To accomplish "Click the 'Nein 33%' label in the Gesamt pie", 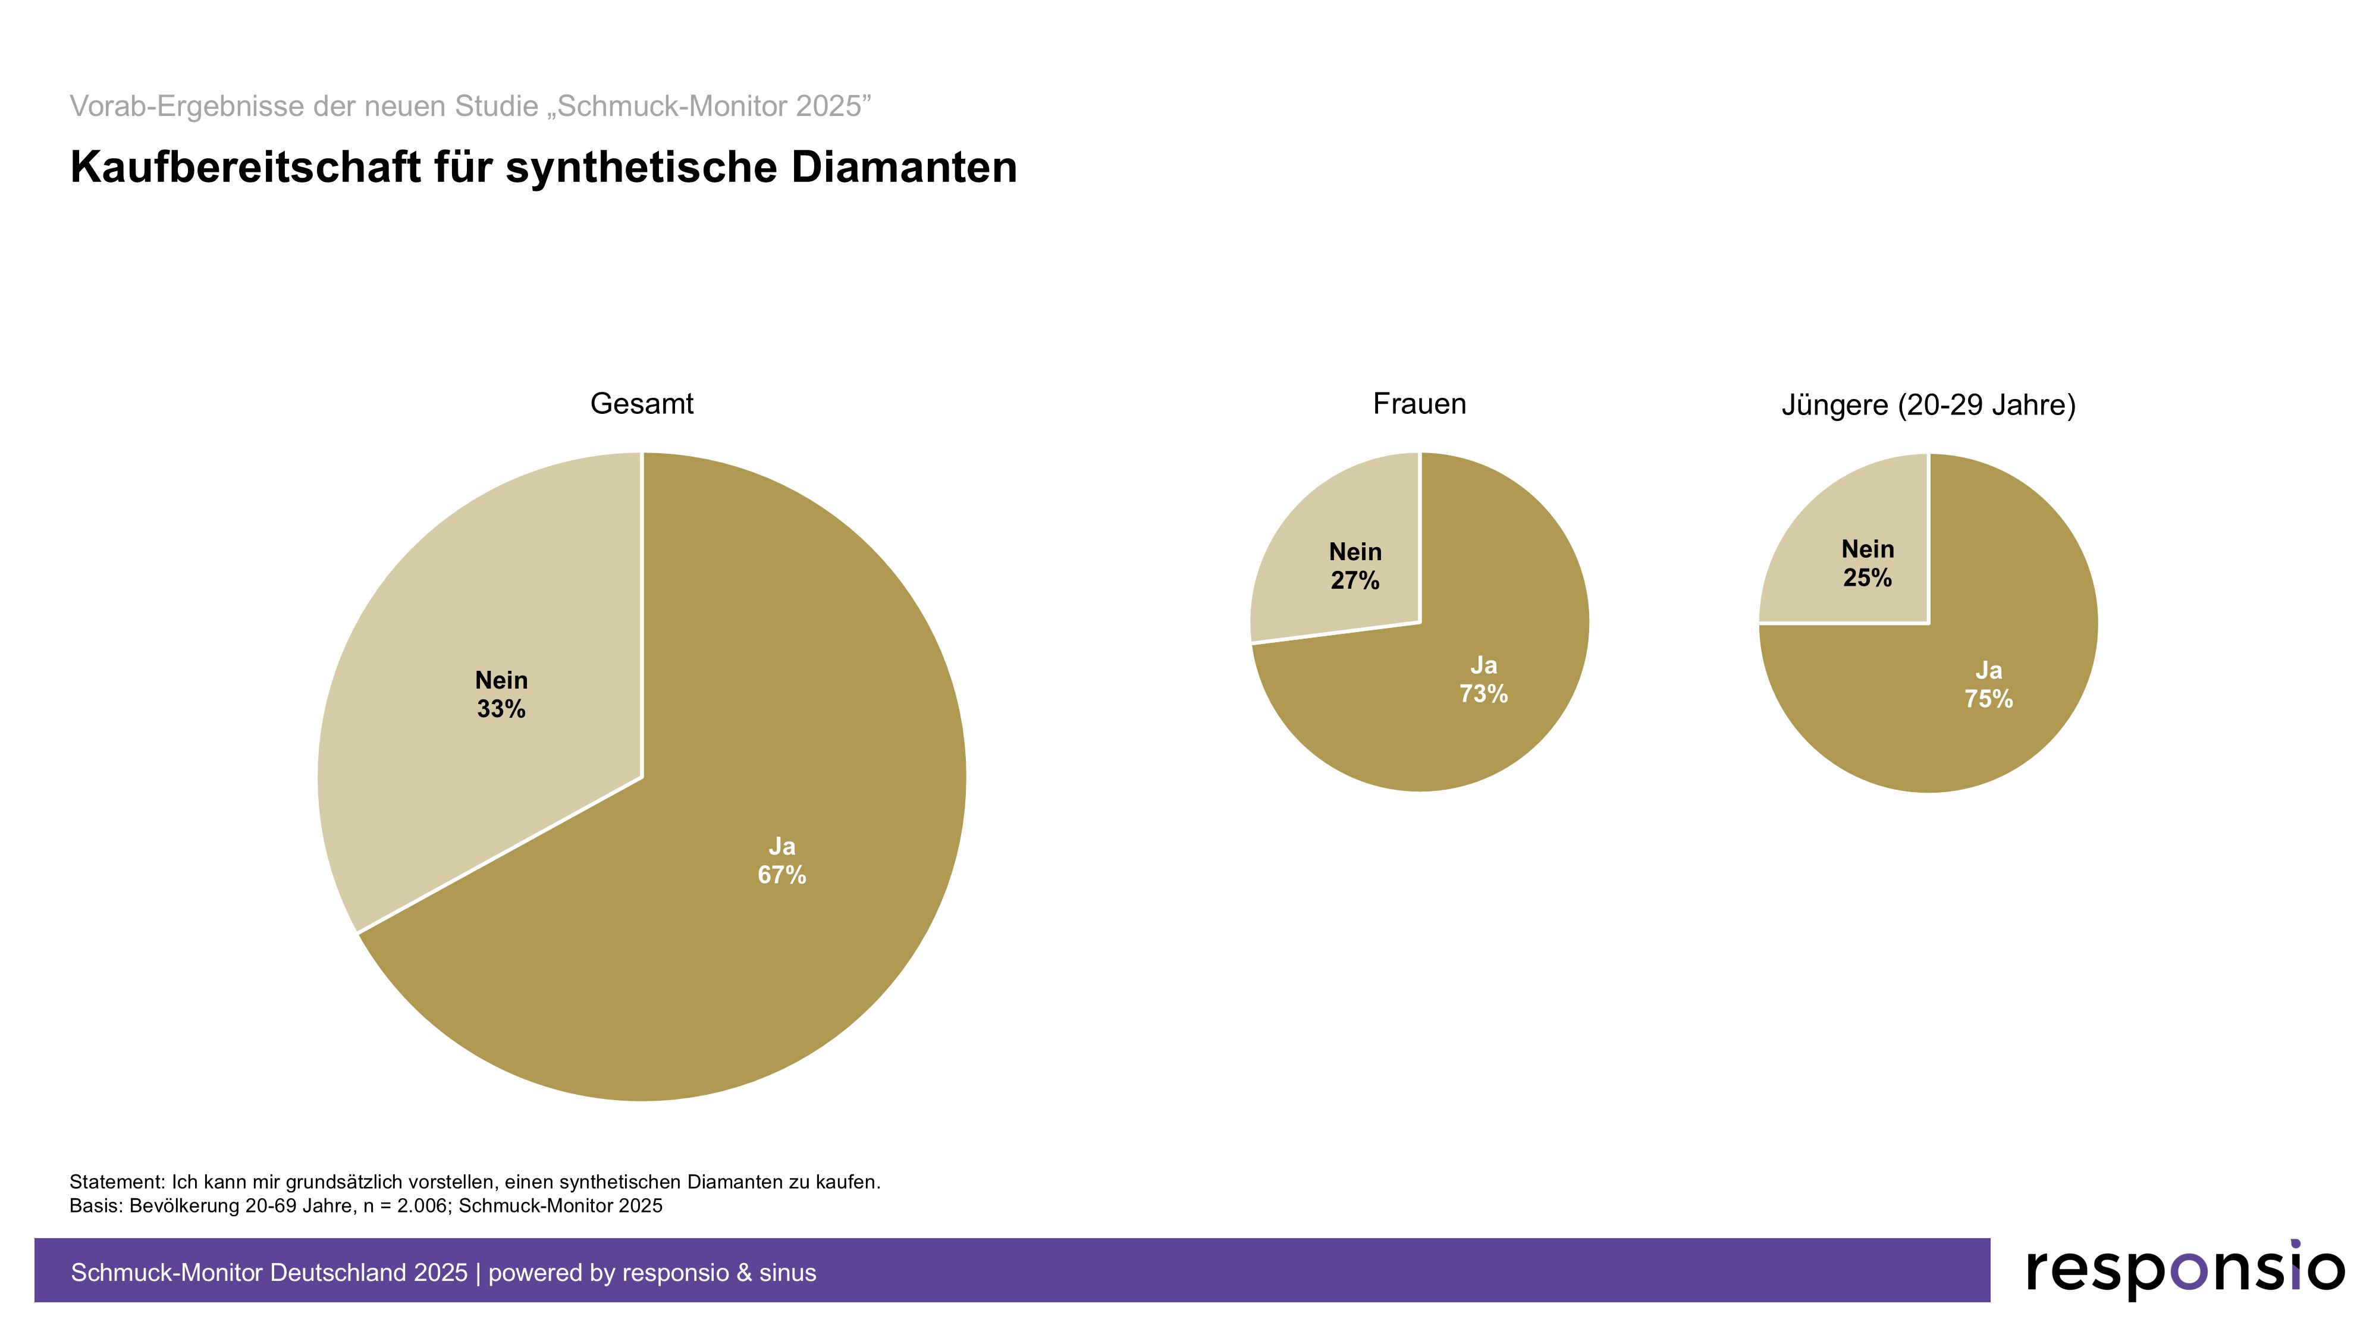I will pyautogui.click(x=501, y=695).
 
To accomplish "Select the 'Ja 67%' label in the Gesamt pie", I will pyautogui.click(x=782, y=860).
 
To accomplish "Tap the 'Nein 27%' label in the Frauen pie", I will pyautogui.click(x=1355, y=566).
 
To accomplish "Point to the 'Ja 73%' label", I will pyautogui.click(x=1483, y=680).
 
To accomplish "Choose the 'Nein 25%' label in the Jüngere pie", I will pyautogui.click(x=1868, y=563).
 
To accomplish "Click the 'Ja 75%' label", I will pyautogui.click(x=1988, y=685).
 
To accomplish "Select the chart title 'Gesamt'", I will pyautogui.click(x=642, y=404).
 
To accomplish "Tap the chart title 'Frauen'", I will pyautogui.click(x=1420, y=404).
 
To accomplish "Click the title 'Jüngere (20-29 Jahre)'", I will pyautogui.click(x=1928, y=404).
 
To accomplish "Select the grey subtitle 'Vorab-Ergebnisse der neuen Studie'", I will pyautogui.click(x=304, y=106).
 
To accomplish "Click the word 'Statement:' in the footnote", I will pyautogui.click(x=117, y=1182).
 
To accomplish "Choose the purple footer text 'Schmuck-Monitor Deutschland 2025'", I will pyautogui.click(x=269, y=1273).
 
